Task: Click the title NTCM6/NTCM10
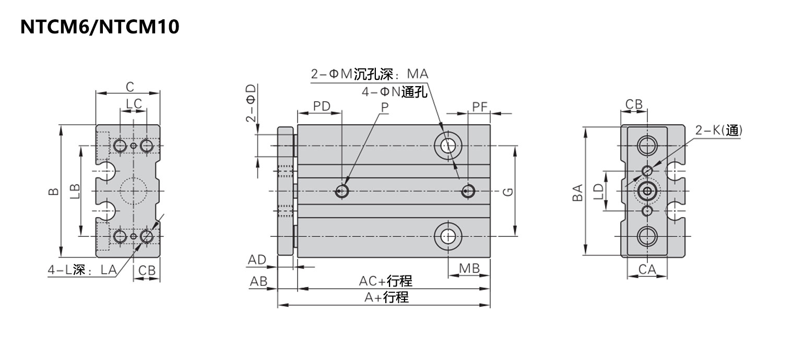(x=100, y=27)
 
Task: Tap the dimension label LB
(x=75, y=191)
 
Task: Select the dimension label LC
(x=134, y=104)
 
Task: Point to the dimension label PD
(x=322, y=106)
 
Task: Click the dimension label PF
(x=480, y=107)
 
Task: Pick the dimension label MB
(x=469, y=269)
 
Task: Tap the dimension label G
(x=508, y=191)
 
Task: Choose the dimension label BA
(x=577, y=193)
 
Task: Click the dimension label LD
(x=598, y=191)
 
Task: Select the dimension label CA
(x=647, y=270)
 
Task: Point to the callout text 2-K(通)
(x=719, y=130)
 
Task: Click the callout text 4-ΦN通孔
(x=394, y=92)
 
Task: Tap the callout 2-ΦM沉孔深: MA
(x=370, y=74)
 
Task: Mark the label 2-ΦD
(x=251, y=103)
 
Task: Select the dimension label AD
(x=257, y=260)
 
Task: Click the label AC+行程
(x=385, y=281)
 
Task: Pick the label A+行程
(x=387, y=297)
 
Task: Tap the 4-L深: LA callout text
(x=82, y=270)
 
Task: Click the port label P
(x=385, y=107)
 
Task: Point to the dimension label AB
(x=258, y=282)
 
